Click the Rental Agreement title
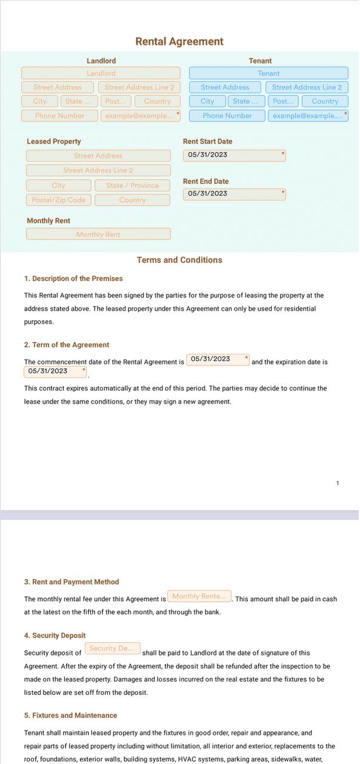[x=179, y=41]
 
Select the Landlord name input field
[x=101, y=73]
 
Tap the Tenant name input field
[x=268, y=73]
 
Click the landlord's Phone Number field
[x=59, y=116]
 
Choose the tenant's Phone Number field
[x=227, y=116]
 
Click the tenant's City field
[x=207, y=102]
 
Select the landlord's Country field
[x=158, y=102]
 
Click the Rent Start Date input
[x=234, y=155]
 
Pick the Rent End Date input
[x=234, y=194]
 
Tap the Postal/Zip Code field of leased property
[x=59, y=200]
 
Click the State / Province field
[x=132, y=185]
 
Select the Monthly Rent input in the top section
[x=98, y=234]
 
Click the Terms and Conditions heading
[x=179, y=260]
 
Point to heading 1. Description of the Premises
[x=73, y=279]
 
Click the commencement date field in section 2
[x=218, y=359]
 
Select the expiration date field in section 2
[x=55, y=371]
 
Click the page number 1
[x=338, y=483]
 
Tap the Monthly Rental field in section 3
[x=199, y=597]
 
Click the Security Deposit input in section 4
[x=113, y=649]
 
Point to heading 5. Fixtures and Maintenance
[x=70, y=716]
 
